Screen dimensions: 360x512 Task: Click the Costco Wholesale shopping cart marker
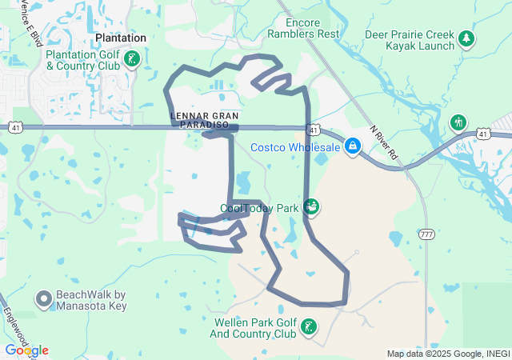click(x=352, y=146)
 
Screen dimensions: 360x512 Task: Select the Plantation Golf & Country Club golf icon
click(x=133, y=58)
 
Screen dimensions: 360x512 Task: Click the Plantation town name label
click(x=121, y=38)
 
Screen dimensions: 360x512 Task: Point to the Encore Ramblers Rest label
click(x=303, y=29)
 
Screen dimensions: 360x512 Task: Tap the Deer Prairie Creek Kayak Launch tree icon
click(x=466, y=38)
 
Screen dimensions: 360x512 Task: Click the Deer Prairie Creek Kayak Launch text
click(x=410, y=40)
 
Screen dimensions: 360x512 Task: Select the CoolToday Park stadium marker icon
click(x=311, y=207)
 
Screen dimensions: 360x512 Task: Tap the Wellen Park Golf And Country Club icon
click(x=307, y=326)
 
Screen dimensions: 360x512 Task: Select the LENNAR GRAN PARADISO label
click(x=205, y=120)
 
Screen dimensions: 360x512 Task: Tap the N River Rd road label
click(x=383, y=145)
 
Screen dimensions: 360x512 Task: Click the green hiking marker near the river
click(x=458, y=122)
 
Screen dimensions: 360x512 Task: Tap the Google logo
click(x=26, y=350)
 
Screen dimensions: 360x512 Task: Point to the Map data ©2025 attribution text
click(x=447, y=354)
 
